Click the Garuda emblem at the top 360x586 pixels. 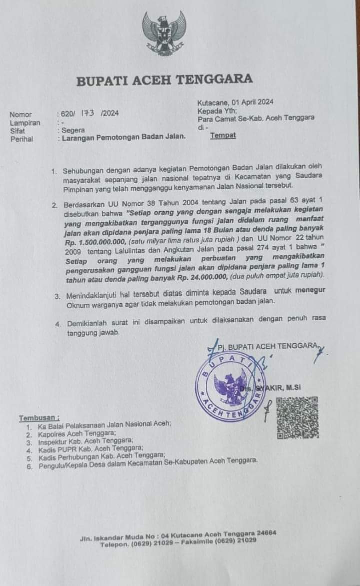pos(164,34)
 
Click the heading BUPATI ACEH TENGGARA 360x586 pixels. pos(164,79)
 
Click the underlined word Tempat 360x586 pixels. pos(223,135)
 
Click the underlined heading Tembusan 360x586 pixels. pos(39,418)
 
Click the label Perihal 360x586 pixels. pos(22,139)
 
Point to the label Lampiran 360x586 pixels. pos(25,122)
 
